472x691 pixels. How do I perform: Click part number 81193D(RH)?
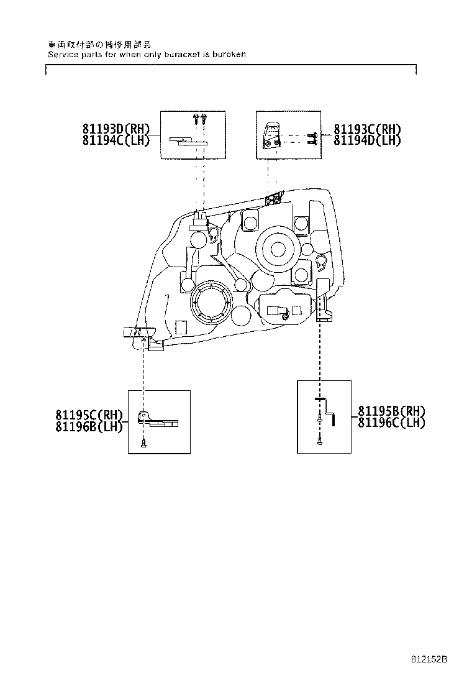(x=116, y=129)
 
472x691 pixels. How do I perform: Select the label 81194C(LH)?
(x=116, y=140)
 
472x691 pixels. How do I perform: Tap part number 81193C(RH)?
(x=367, y=129)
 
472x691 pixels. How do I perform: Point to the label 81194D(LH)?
(x=367, y=140)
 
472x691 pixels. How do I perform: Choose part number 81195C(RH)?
(x=89, y=415)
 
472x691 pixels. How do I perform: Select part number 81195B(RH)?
(x=391, y=411)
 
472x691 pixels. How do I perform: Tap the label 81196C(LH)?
(x=391, y=422)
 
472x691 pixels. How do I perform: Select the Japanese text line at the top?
(x=99, y=45)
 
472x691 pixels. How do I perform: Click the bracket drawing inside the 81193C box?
(x=271, y=136)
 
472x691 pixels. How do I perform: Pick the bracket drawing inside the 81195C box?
(x=158, y=421)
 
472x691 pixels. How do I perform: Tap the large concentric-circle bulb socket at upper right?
(x=276, y=247)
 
